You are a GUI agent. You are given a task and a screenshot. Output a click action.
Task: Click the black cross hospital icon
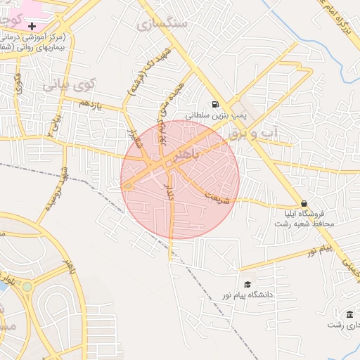point(32,25)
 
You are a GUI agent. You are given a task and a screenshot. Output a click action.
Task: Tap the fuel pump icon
point(214,103)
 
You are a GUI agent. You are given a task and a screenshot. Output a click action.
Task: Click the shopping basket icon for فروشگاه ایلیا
point(303,202)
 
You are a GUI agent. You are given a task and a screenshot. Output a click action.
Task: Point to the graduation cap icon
point(247,284)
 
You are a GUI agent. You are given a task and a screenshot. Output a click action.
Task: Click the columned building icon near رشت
point(349,314)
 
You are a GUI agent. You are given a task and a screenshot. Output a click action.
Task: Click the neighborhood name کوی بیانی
point(68,86)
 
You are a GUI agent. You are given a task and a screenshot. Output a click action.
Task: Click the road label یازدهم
point(90,104)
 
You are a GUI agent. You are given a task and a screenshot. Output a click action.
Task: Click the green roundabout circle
point(27,286)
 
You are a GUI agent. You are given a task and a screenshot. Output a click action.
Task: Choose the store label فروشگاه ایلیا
point(303,214)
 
